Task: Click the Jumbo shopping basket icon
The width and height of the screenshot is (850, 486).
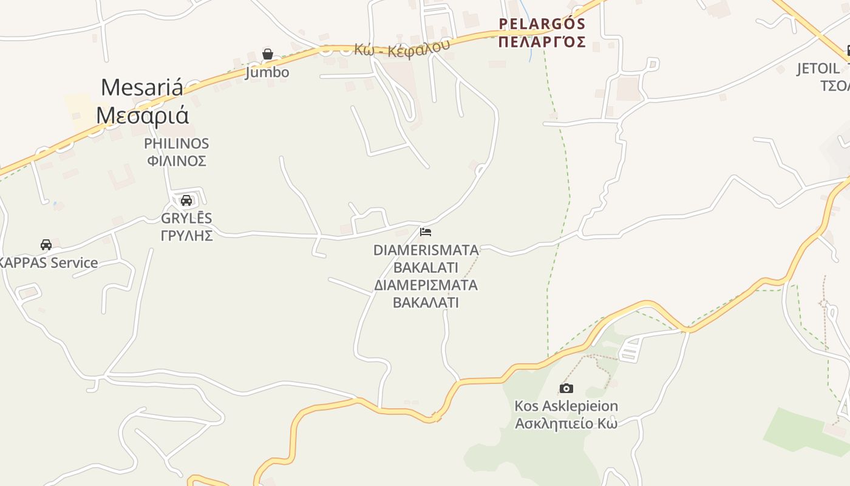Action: [x=268, y=54]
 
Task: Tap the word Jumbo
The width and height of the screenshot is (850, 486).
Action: [x=267, y=72]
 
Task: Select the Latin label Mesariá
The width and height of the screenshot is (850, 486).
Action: [x=141, y=87]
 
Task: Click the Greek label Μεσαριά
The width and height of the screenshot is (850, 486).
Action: [x=142, y=115]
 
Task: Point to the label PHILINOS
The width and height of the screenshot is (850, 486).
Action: [x=176, y=144]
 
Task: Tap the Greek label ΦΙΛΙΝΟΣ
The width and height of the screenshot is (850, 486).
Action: [x=177, y=161]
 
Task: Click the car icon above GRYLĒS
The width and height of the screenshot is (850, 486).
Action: [x=186, y=200]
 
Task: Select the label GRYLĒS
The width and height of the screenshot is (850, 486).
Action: [x=186, y=218]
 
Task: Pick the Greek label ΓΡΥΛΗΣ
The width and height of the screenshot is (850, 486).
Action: [x=186, y=236]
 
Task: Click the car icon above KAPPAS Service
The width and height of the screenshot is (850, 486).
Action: [x=46, y=245]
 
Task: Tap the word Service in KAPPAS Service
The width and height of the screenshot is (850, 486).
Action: [x=74, y=263]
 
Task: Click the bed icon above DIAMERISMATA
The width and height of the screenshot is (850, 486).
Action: [x=426, y=232]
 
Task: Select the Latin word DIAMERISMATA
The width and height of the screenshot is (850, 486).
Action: [x=426, y=250]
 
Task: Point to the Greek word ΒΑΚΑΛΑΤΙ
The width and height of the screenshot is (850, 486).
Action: [x=426, y=303]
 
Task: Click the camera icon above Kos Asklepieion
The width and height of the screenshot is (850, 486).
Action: [x=566, y=388]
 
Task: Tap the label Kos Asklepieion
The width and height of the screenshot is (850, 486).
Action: [x=566, y=406]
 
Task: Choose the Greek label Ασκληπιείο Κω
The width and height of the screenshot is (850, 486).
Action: [x=566, y=423]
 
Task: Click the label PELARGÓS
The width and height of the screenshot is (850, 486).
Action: [x=542, y=24]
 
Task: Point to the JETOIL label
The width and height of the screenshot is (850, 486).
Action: [x=818, y=69]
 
